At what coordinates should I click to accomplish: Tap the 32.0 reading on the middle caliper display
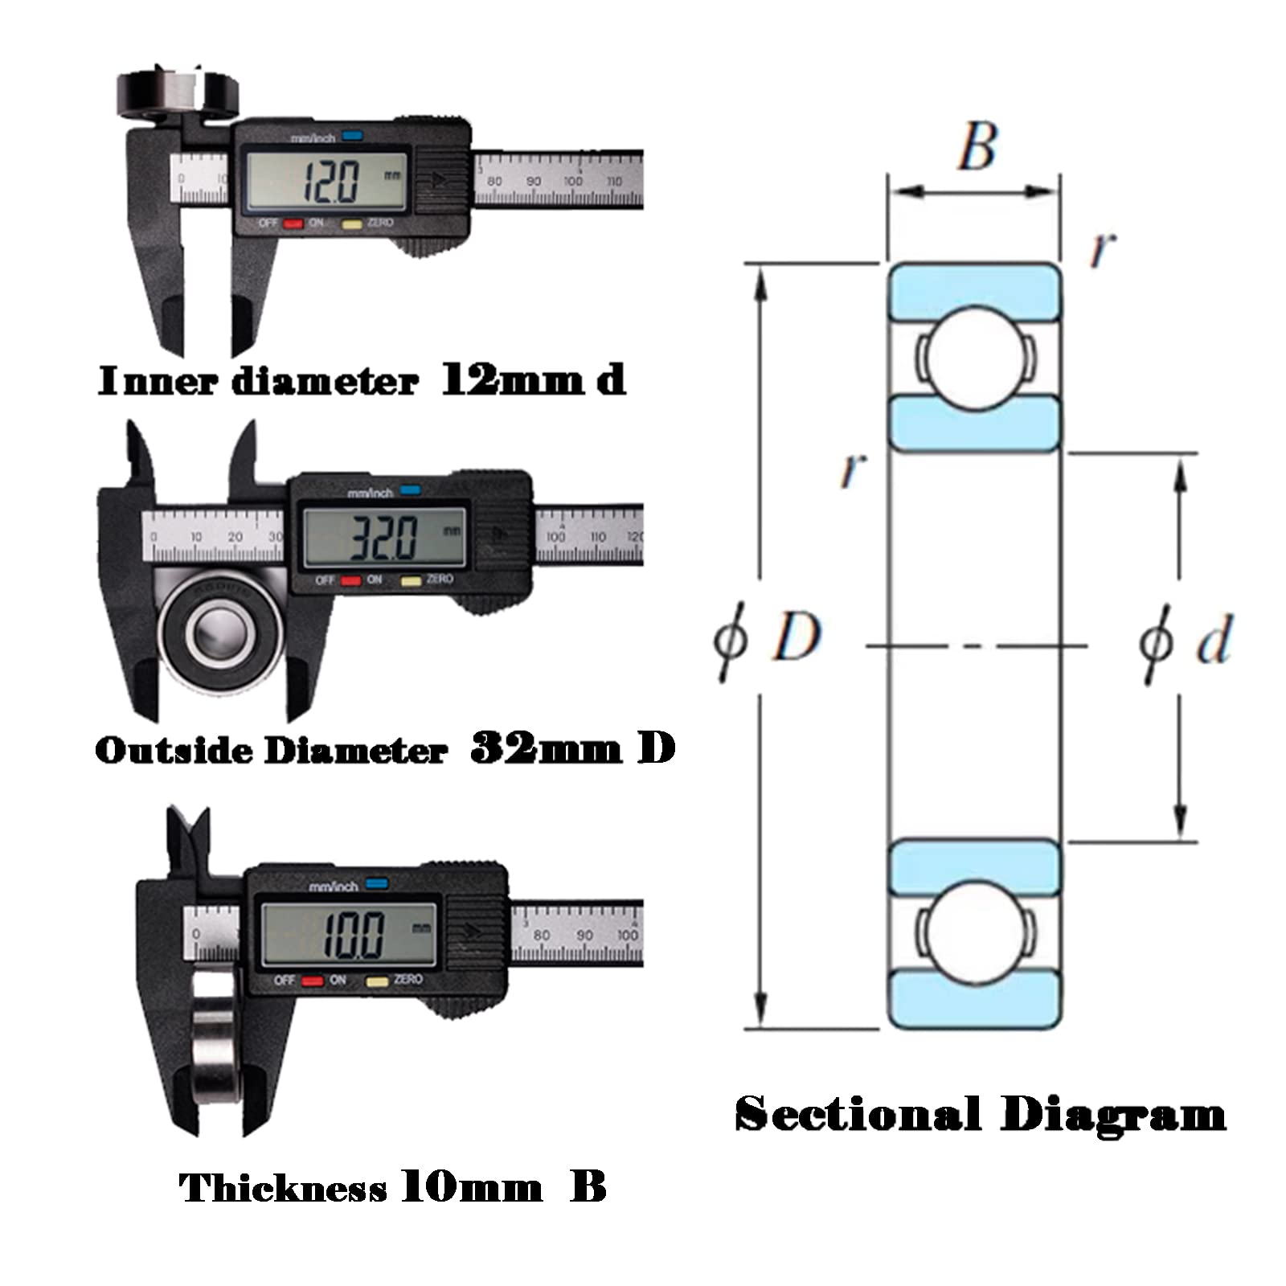click(383, 537)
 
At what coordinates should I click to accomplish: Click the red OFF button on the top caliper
click(293, 223)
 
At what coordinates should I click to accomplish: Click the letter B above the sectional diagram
click(977, 146)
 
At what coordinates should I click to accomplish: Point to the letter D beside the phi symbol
click(796, 637)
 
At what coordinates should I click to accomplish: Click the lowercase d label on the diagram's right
click(1214, 640)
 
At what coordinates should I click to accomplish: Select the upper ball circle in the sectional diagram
click(974, 359)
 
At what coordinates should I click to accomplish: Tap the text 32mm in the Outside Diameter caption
click(546, 749)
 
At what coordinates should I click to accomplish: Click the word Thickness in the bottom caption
click(283, 1188)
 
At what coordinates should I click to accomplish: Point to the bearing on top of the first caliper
click(178, 92)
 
